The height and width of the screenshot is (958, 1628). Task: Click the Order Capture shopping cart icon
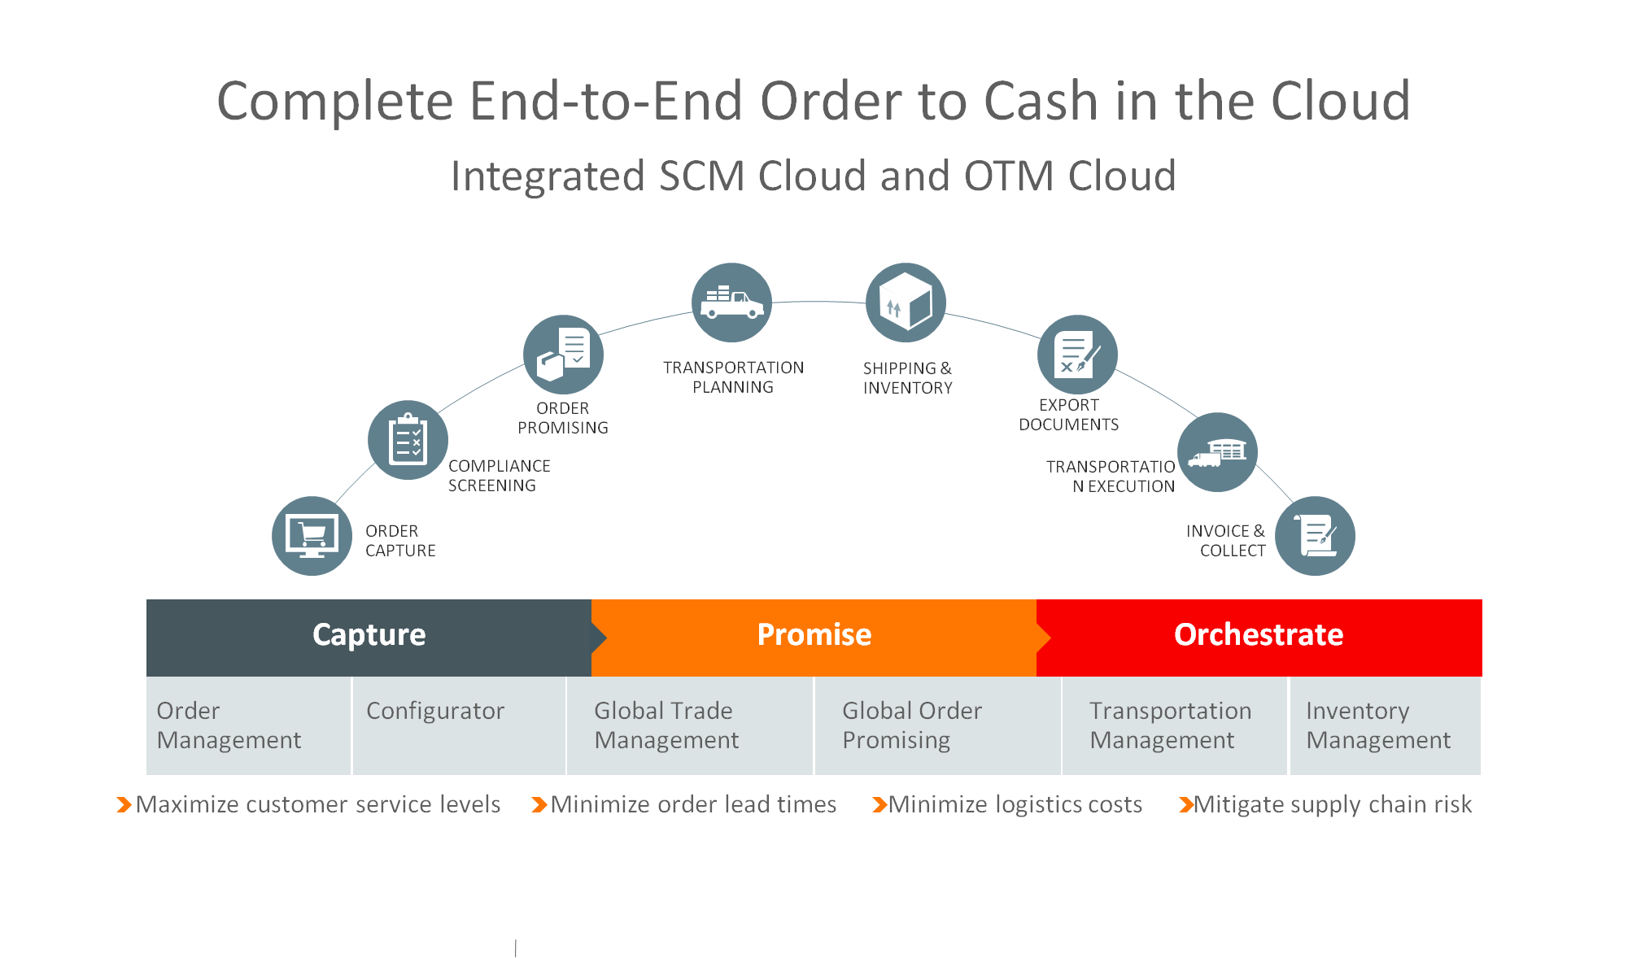[x=312, y=536]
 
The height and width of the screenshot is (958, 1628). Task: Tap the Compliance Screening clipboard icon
[x=408, y=440]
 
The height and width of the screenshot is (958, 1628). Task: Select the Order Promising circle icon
[x=563, y=355]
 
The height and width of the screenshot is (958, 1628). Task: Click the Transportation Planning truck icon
[x=731, y=303]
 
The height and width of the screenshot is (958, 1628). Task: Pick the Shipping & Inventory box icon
[x=906, y=303]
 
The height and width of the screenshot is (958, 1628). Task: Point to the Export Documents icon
[x=1077, y=355]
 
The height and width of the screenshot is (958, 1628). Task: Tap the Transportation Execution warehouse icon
[x=1217, y=452]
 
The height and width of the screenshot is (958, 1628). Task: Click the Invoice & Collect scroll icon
[x=1315, y=536]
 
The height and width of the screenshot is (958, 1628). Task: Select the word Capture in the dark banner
[x=369, y=634]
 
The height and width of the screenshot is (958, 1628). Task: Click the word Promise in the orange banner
[x=814, y=634]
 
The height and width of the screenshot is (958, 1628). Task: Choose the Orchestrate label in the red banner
[x=1258, y=634]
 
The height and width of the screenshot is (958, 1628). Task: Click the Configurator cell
[x=459, y=725]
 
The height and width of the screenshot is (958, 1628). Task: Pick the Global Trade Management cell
[x=690, y=725]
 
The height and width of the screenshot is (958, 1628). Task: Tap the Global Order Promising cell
[x=937, y=725]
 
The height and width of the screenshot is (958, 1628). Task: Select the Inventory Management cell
[x=1385, y=725]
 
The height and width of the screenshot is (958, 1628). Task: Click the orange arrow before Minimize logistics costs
[x=879, y=805]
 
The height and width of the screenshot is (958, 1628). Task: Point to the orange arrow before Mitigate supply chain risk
[x=1186, y=805]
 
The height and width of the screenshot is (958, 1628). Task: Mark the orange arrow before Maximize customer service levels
[x=124, y=805]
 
